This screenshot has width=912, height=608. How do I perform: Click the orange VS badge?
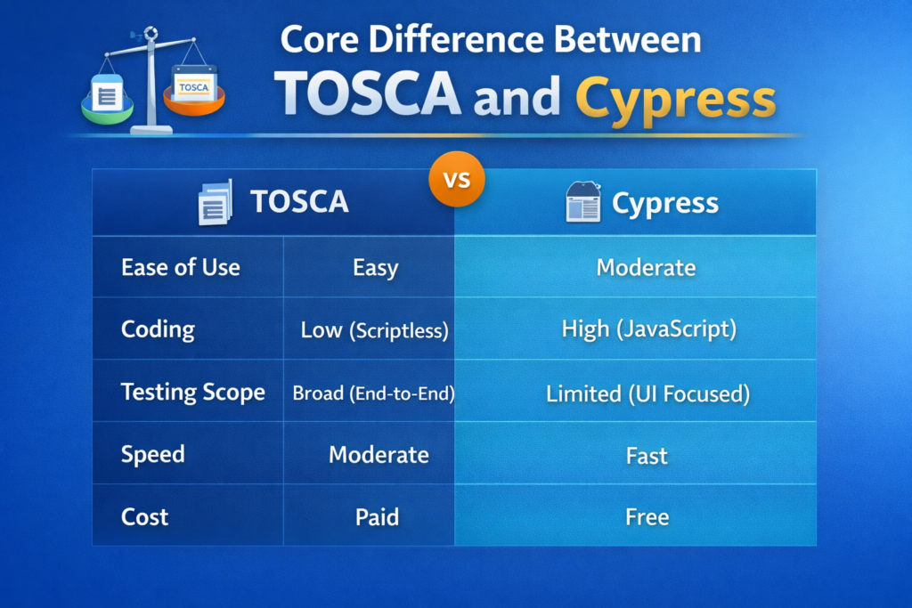[x=456, y=180]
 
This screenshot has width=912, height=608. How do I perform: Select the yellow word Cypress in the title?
[x=675, y=97]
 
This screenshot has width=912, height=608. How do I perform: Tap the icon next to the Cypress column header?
[x=583, y=202]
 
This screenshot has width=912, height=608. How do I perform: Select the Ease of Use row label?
[x=180, y=267]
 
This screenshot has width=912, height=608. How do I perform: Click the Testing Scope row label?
[x=192, y=392]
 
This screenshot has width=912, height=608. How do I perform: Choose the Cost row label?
[x=144, y=516]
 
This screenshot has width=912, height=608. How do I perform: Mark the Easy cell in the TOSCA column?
[x=375, y=267]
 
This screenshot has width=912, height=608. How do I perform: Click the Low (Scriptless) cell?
[x=374, y=330]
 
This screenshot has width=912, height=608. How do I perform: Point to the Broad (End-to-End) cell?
[x=373, y=393]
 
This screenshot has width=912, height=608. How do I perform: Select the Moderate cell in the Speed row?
[x=379, y=455]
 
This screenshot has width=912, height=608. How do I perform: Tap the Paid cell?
[x=377, y=516]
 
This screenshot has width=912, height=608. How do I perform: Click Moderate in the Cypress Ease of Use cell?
[x=646, y=267]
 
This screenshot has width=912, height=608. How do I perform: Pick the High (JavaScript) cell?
[x=648, y=329]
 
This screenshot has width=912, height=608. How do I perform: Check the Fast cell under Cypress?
[x=647, y=456]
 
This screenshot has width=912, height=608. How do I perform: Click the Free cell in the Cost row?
[x=647, y=516]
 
